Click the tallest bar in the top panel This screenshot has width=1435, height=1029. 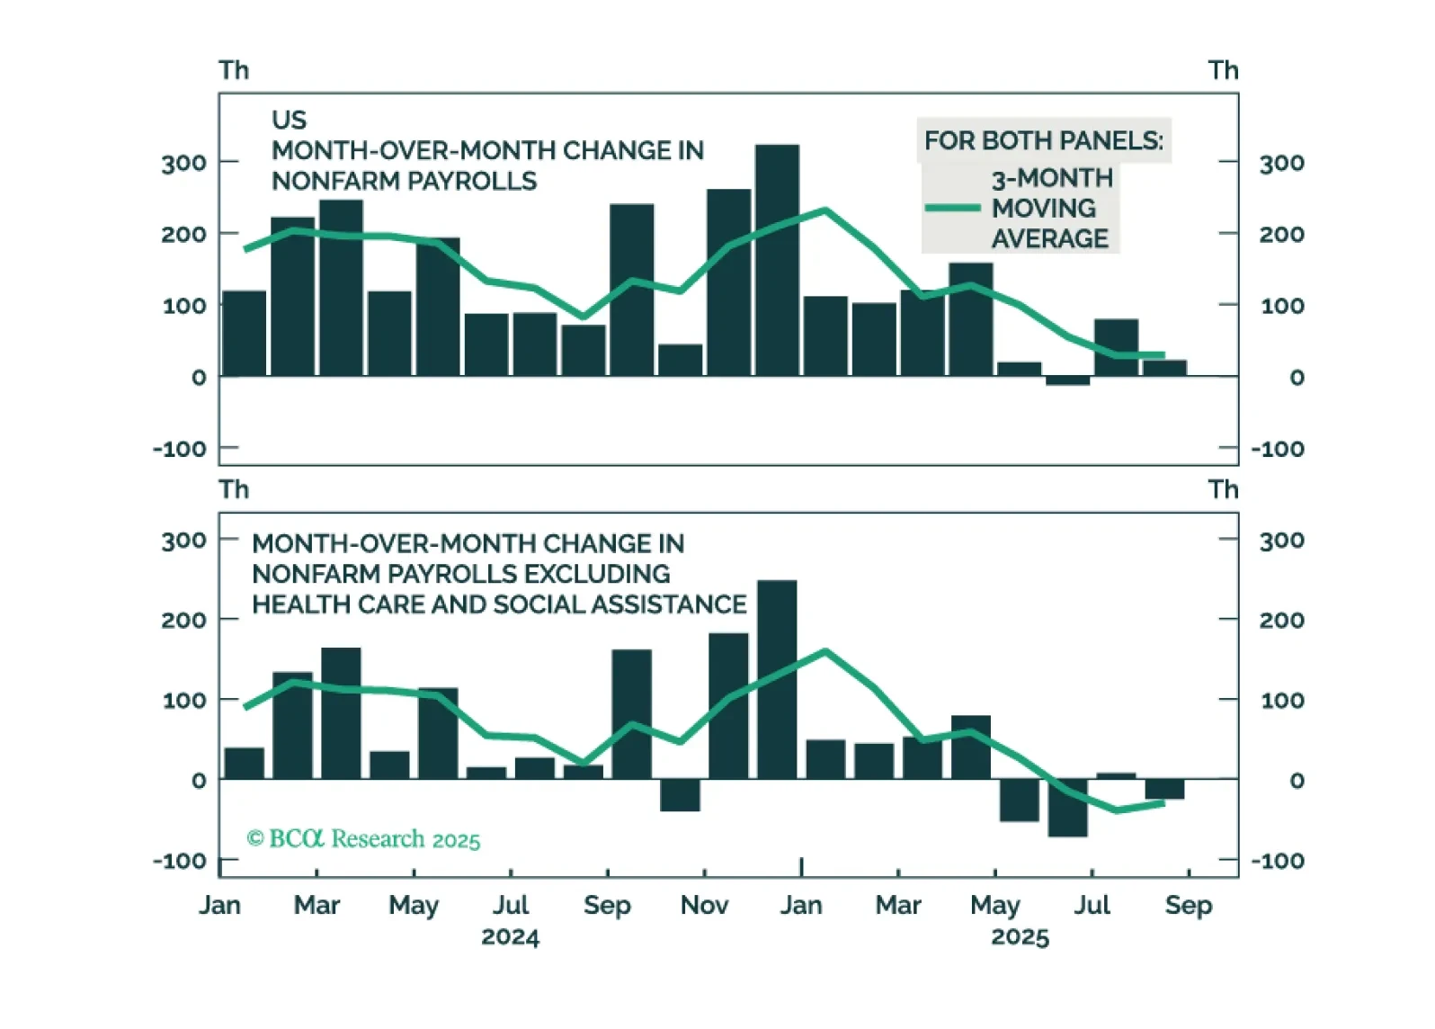(777, 261)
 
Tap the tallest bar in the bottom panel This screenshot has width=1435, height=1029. (777, 680)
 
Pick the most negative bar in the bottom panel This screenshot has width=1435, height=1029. (1067, 808)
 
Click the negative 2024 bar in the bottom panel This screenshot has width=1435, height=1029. (680, 795)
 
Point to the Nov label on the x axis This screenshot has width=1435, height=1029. (704, 905)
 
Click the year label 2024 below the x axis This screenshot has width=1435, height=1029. (510, 937)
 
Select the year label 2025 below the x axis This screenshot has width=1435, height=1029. (1020, 937)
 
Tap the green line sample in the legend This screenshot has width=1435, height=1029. (952, 208)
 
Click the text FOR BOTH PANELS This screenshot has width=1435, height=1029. (1043, 141)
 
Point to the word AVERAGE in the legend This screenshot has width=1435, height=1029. (1050, 238)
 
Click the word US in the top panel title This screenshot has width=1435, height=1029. (289, 120)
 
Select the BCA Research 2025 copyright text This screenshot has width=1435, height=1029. (363, 839)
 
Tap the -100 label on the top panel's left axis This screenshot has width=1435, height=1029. (179, 448)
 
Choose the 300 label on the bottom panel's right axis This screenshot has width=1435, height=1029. (1281, 541)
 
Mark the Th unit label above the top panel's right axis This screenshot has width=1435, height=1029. (1223, 70)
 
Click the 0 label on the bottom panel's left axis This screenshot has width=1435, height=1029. (199, 781)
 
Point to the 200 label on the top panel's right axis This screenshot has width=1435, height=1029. (1281, 234)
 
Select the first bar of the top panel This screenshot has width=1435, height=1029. (245, 333)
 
